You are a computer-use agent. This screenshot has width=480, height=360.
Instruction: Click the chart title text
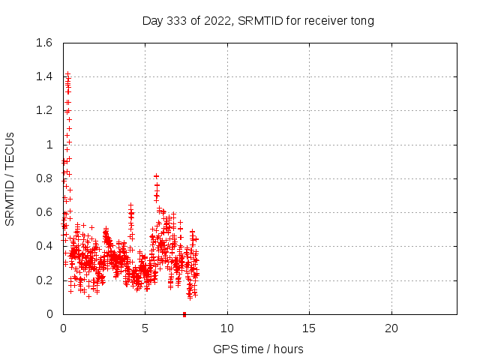coord(258,20)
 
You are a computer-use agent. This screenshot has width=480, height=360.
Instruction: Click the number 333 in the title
coord(175,20)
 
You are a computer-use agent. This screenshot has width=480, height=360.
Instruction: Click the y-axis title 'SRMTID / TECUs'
coord(10,178)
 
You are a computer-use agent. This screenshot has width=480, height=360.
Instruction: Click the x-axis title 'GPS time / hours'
coord(258,349)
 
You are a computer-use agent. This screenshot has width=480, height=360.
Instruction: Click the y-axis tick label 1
coord(50,145)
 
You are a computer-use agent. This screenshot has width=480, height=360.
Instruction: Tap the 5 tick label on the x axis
coord(145,328)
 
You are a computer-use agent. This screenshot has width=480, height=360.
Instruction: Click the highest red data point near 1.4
coord(67,74)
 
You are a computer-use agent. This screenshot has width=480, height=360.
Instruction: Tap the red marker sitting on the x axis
coord(184,313)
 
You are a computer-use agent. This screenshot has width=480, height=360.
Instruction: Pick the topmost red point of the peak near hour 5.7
coord(156,176)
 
